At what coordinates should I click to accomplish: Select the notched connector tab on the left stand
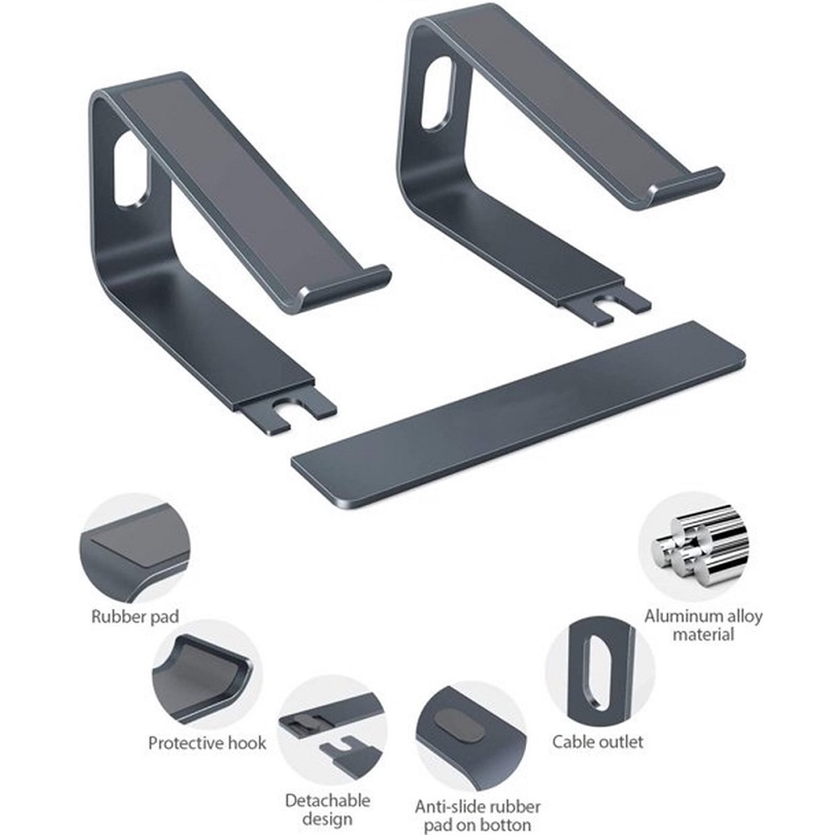(x=287, y=411)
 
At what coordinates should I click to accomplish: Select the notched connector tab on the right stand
(x=606, y=307)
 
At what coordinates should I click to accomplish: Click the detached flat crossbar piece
(x=519, y=417)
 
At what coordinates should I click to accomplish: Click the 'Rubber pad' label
(x=135, y=617)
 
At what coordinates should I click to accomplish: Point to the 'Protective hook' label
(x=207, y=743)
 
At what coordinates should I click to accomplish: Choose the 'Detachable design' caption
(x=327, y=809)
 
